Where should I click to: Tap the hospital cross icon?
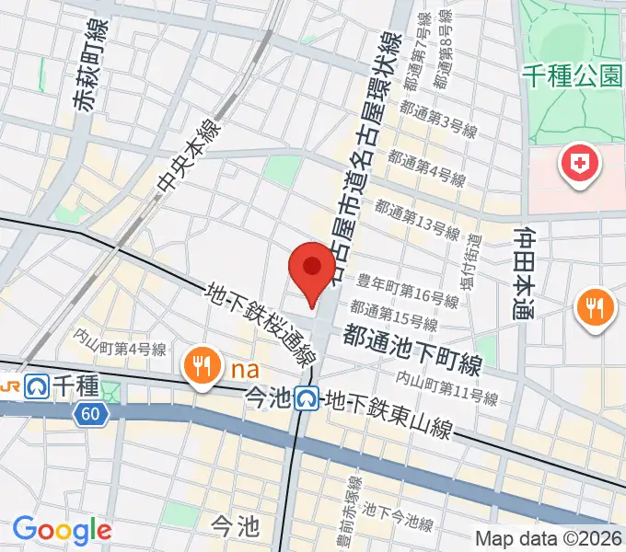579,166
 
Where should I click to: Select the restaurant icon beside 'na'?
200,364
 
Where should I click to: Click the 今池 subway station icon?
307,398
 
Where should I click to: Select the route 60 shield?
89,415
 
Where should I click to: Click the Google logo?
62,529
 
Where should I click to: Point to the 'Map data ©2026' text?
549,538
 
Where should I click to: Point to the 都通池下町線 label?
412,349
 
